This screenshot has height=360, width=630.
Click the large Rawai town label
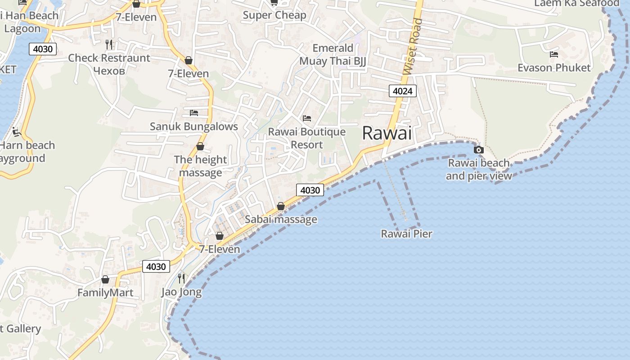[x=387, y=133]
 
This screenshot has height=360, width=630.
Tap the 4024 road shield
[x=402, y=91]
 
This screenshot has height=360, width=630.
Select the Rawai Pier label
[x=406, y=234]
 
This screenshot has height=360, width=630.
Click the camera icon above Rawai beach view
[x=479, y=149]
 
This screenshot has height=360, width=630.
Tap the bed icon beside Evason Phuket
[x=554, y=54]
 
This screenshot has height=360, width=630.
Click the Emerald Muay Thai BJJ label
[x=333, y=54]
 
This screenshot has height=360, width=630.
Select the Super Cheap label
[x=274, y=15]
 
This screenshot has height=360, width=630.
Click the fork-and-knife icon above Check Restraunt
[x=108, y=44]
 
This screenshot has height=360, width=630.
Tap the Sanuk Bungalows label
[x=193, y=126]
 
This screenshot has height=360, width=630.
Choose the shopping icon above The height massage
[x=200, y=146]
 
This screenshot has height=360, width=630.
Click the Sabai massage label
[x=281, y=220]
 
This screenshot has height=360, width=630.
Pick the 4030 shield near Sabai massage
[x=310, y=190]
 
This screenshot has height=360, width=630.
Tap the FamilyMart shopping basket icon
[x=105, y=279]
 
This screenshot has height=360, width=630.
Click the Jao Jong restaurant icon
[x=181, y=278]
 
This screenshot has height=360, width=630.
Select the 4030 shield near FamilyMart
[x=156, y=266]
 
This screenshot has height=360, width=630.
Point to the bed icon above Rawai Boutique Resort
[x=307, y=118]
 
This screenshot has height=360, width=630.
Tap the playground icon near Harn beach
[x=17, y=132]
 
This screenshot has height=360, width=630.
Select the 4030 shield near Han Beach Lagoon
[x=43, y=49]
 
